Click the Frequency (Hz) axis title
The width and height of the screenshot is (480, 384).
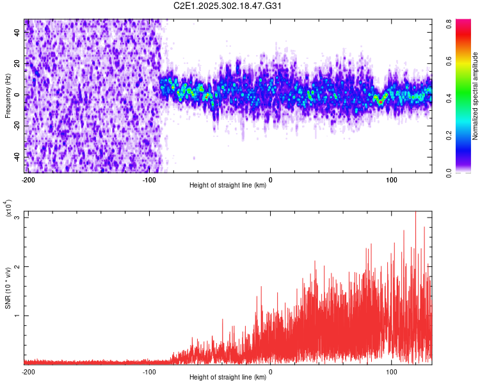pos(8,95)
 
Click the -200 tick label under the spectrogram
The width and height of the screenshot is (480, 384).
pos(28,179)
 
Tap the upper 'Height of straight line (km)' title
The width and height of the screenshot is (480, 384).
pos(228,186)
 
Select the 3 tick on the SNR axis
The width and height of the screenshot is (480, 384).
pos(18,218)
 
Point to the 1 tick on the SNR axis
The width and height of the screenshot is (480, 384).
pos(18,316)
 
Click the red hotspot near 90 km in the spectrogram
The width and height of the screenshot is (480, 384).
pos(380,102)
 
